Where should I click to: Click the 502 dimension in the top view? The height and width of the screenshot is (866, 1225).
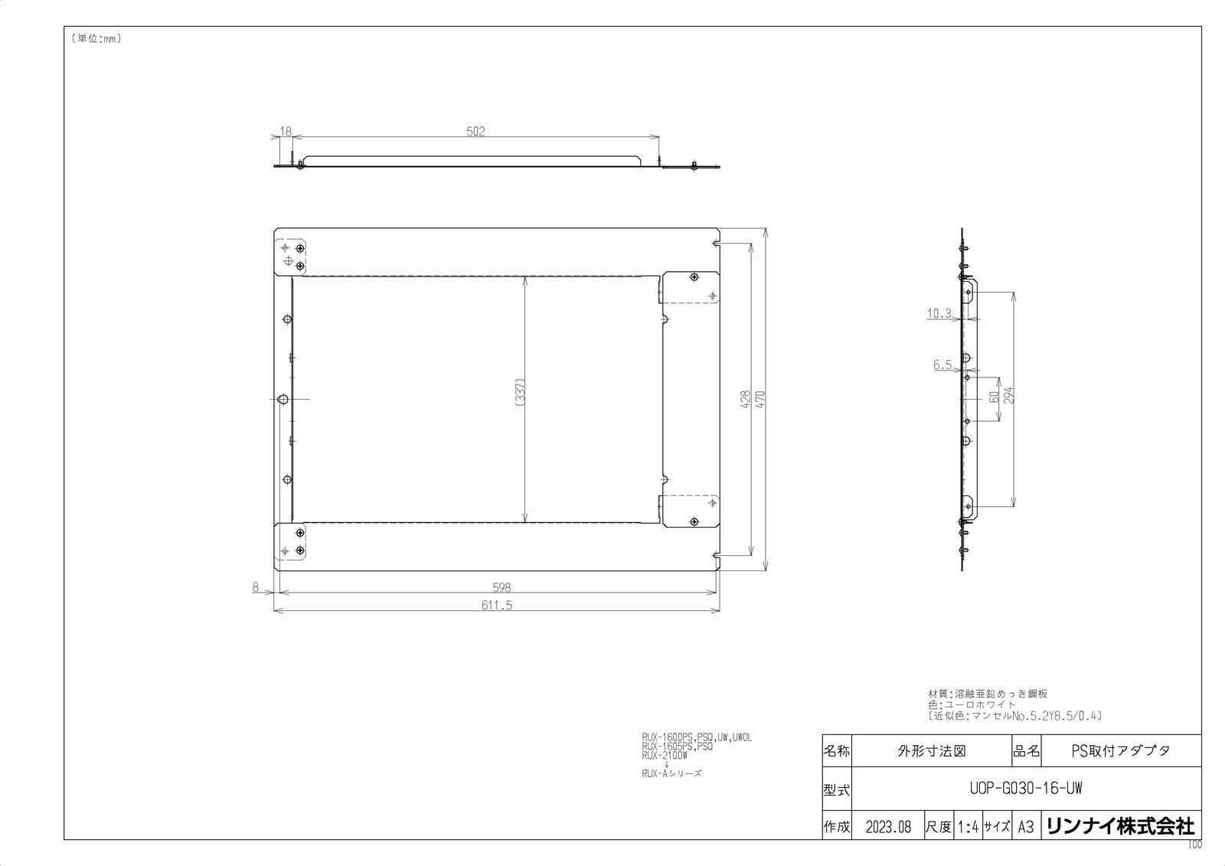(x=475, y=131)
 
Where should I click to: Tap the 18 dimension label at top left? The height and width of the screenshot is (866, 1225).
(x=286, y=132)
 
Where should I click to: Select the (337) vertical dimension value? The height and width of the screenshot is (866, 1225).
(x=519, y=396)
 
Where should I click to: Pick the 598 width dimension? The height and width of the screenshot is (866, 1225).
(x=501, y=587)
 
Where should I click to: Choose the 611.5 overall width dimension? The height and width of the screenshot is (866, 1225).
(x=497, y=604)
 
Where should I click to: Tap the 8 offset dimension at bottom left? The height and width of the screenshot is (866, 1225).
(x=256, y=587)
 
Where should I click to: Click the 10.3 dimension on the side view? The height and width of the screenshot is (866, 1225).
(x=939, y=312)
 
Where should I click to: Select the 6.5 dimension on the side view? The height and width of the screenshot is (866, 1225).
(x=942, y=365)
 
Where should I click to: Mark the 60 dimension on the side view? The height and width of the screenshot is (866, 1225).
(x=993, y=398)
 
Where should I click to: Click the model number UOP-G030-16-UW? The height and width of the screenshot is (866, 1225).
(x=1025, y=788)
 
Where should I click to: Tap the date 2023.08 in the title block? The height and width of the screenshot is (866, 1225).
(x=888, y=827)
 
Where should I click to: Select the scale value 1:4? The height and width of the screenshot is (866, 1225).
(x=968, y=827)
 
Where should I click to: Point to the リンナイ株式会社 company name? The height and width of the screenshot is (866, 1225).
(x=1119, y=826)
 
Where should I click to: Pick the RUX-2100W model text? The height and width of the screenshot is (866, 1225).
(x=665, y=755)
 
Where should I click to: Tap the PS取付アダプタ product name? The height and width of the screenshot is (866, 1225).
(x=1120, y=750)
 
